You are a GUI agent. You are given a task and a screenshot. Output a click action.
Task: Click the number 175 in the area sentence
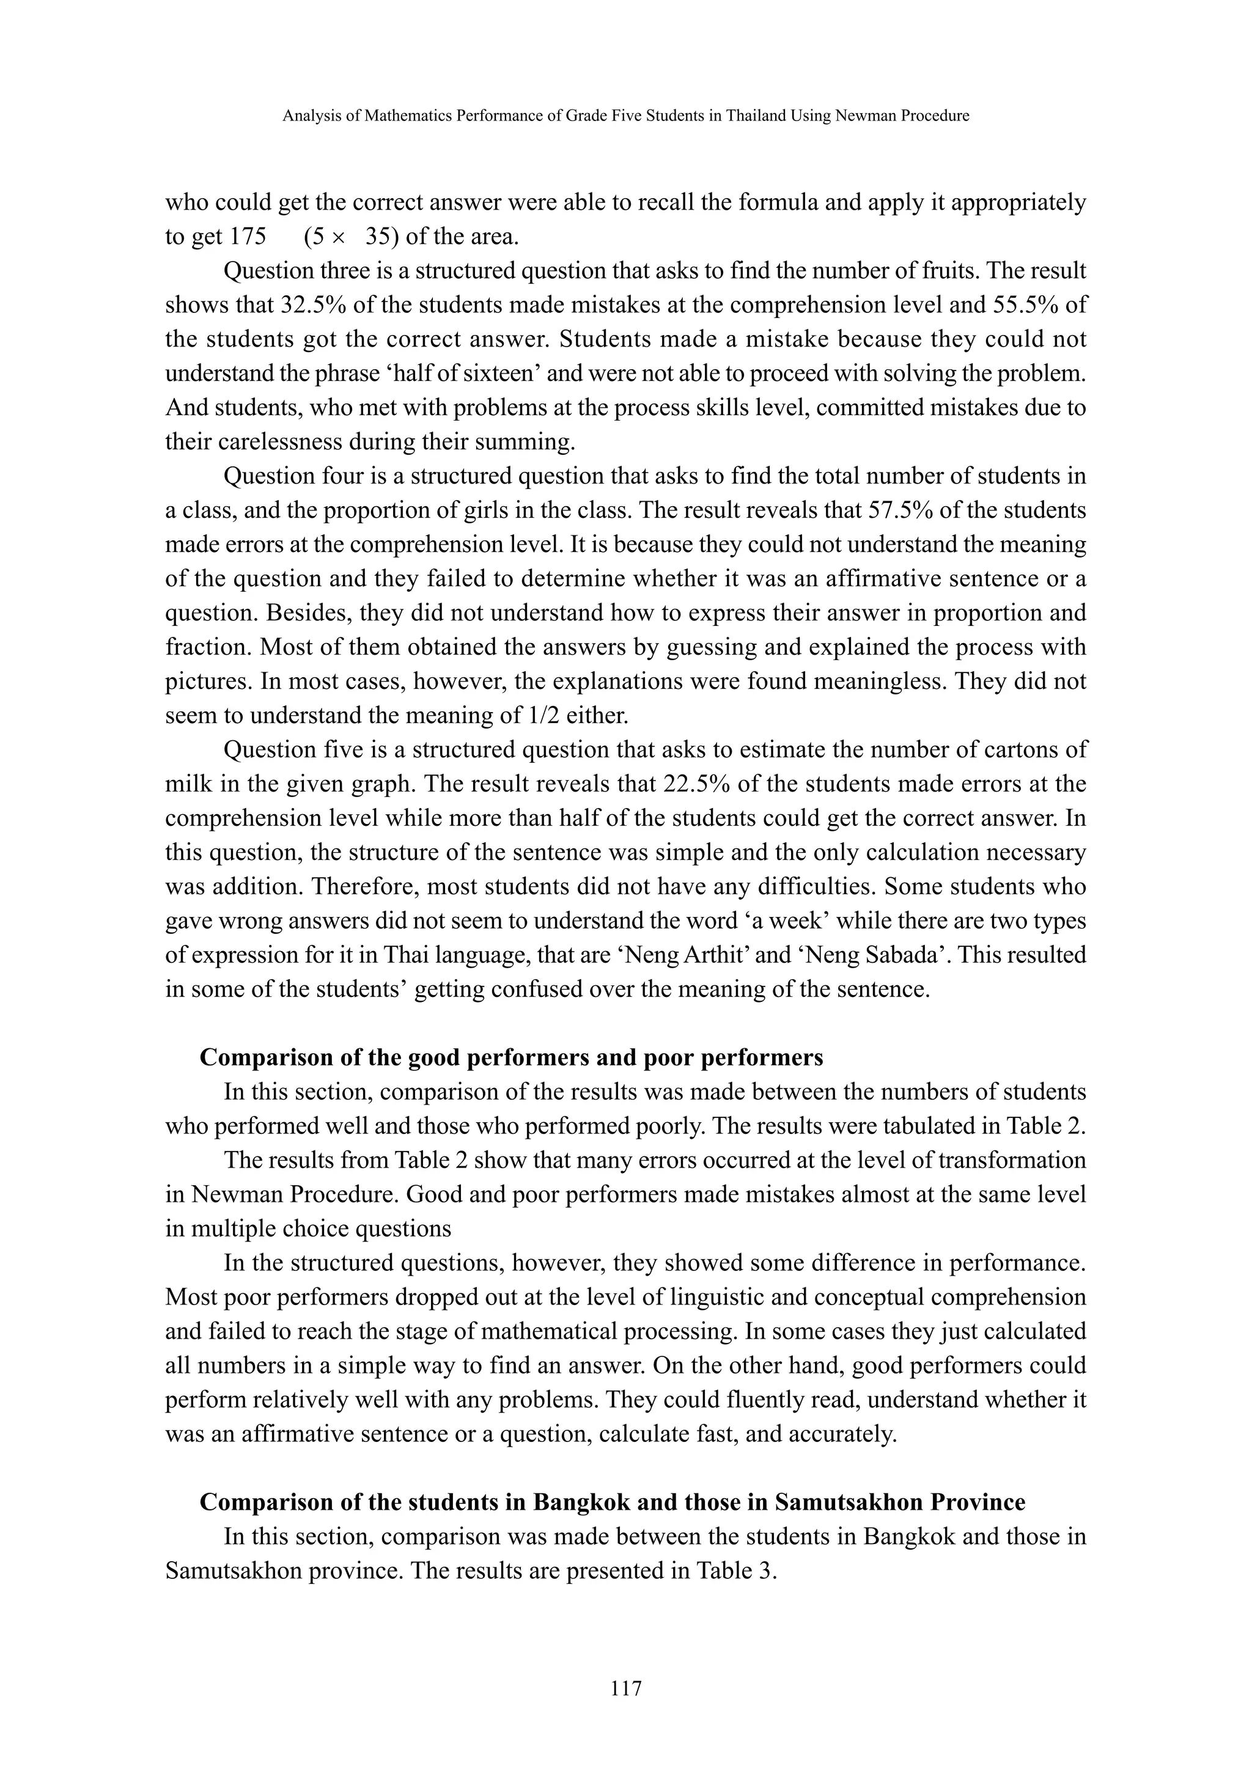(x=248, y=236)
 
